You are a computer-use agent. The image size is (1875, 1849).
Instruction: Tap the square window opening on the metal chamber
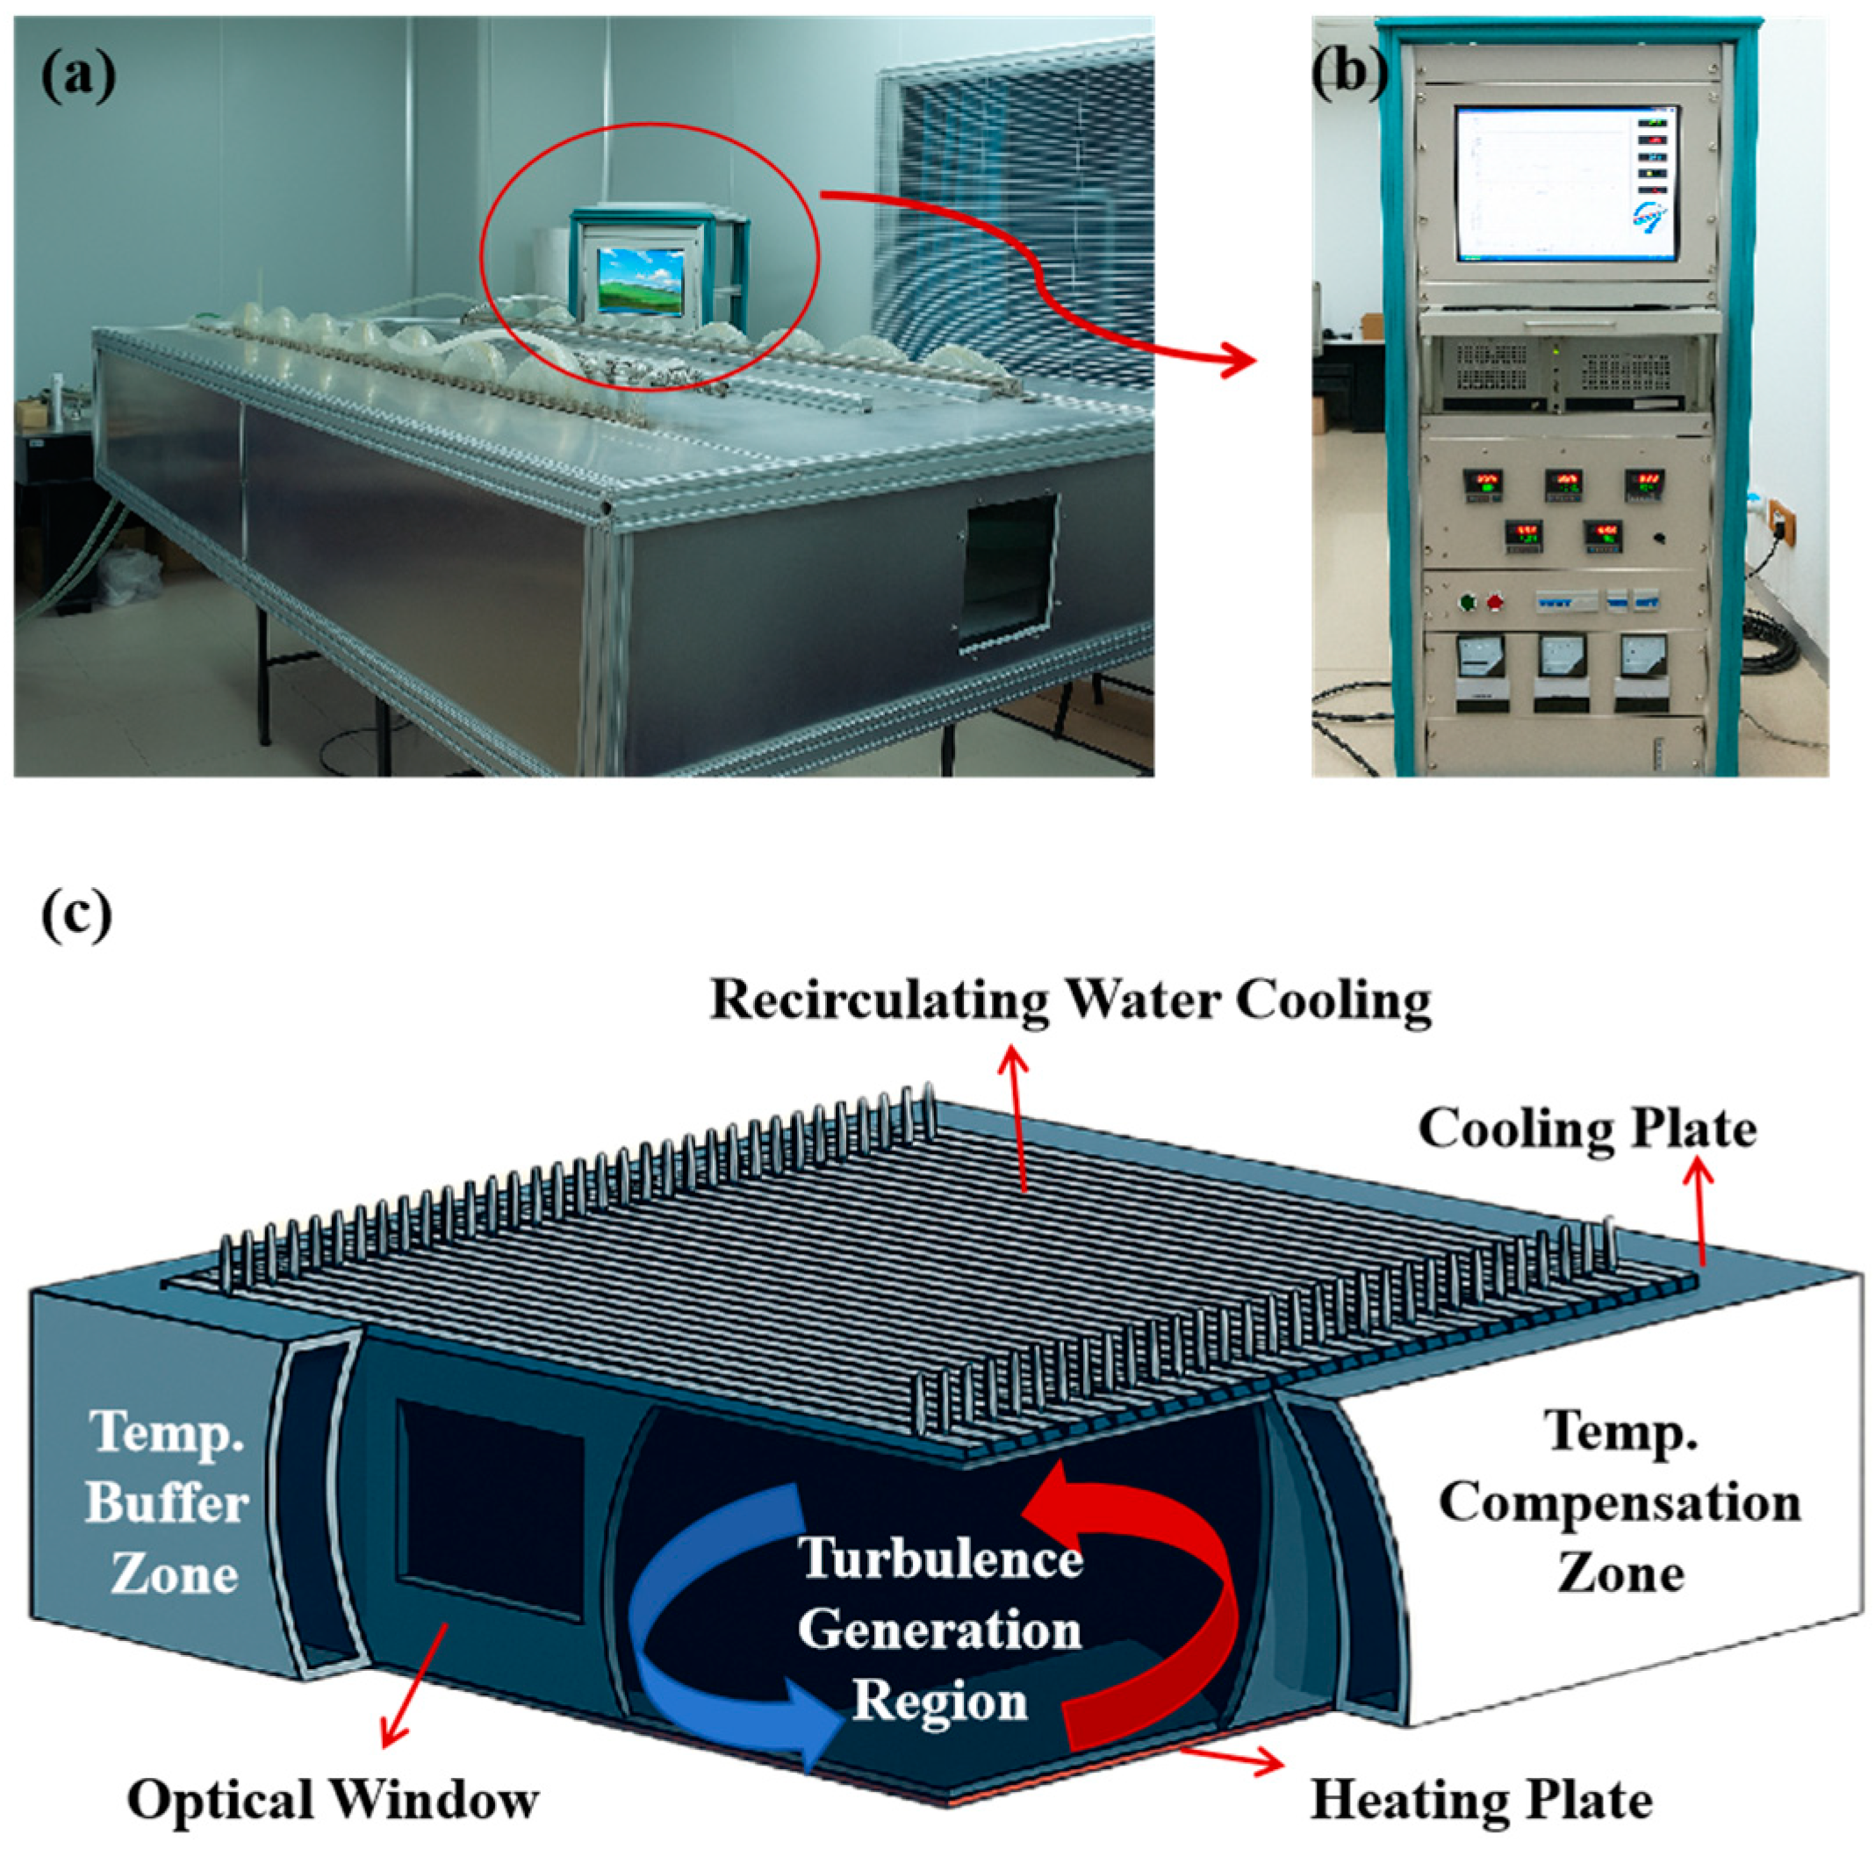tap(1009, 572)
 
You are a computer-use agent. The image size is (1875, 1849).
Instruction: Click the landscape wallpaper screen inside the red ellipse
tap(641, 279)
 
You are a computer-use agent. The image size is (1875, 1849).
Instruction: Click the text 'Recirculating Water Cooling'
tap(1070, 1001)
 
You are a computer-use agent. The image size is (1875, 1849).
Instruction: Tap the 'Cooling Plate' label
tap(1588, 1129)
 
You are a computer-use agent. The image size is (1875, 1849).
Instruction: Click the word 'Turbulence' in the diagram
tap(939, 1559)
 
